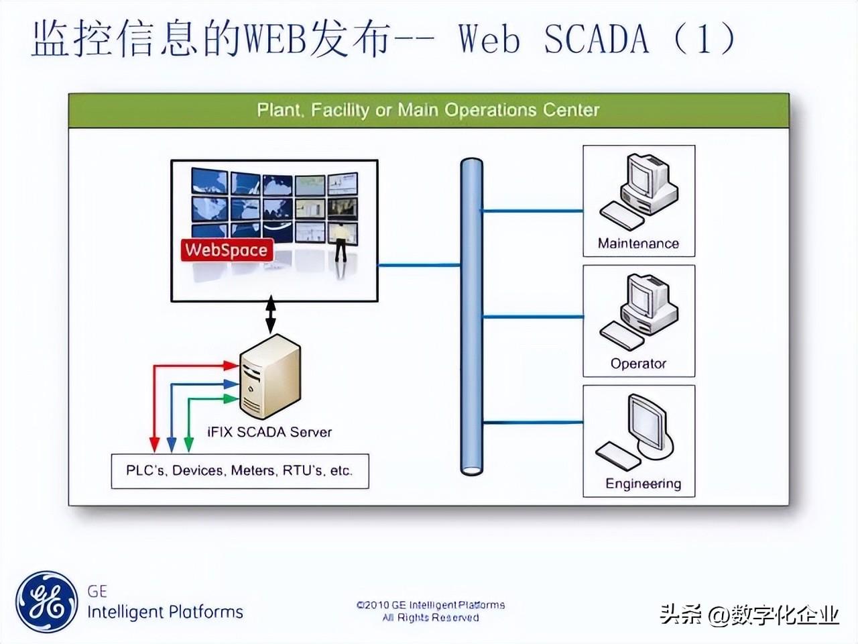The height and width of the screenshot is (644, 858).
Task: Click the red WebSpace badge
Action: tap(227, 250)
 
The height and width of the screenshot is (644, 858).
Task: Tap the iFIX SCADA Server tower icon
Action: tap(270, 376)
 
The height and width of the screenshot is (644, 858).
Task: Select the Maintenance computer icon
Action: tap(639, 192)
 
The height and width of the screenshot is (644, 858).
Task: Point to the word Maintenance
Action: tap(638, 244)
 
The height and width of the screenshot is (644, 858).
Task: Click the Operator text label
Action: tap(638, 364)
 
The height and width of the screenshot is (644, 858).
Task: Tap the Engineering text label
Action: tap(643, 484)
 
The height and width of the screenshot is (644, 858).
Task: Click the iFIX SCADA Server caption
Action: tap(269, 432)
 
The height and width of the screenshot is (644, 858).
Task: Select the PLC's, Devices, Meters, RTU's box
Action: tap(240, 471)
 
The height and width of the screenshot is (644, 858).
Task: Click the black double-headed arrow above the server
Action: tap(271, 315)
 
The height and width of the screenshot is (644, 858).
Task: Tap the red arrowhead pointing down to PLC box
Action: tap(155, 445)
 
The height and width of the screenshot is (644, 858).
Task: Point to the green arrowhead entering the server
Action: tap(231, 399)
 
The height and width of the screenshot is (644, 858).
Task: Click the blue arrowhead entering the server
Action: tap(231, 384)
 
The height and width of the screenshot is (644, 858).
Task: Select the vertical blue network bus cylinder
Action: tap(471, 317)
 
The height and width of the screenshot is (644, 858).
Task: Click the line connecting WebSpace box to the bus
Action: tap(419, 265)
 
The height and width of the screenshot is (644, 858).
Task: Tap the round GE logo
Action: tap(46, 602)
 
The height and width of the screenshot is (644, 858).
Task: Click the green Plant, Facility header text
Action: tap(428, 110)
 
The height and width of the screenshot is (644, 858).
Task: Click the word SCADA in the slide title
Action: tap(597, 39)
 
